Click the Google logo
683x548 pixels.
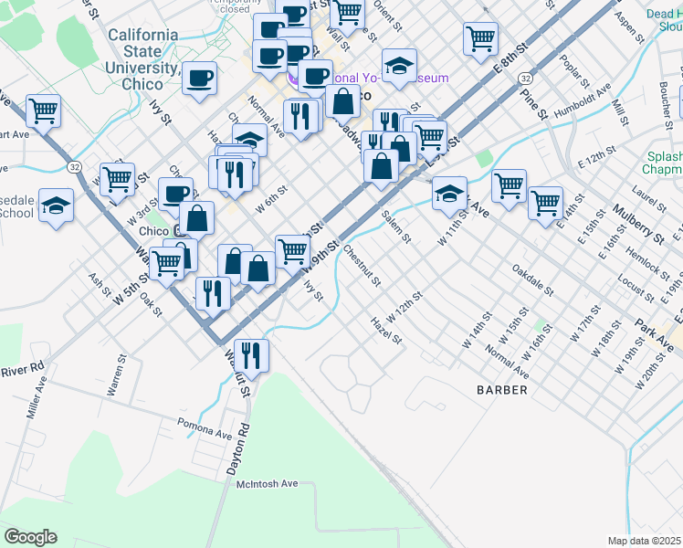point(30,537)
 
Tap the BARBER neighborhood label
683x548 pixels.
point(502,390)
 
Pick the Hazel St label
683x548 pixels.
point(385,330)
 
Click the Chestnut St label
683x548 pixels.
point(363,269)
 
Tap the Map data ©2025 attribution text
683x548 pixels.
point(644,541)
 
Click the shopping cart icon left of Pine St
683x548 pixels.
point(480,38)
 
